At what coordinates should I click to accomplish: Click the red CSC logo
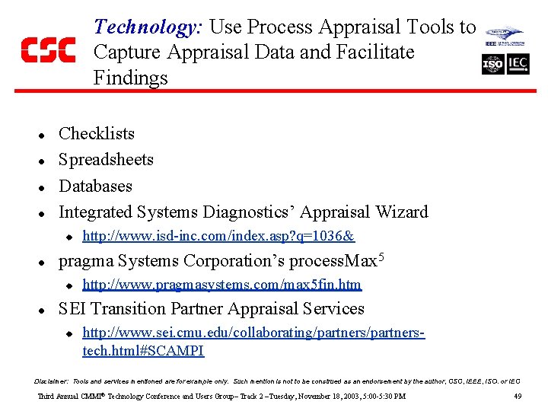click(x=48, y=50)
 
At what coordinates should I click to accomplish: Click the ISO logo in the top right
click(x=493, y=65)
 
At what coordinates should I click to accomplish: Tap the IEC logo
click(x=518, y=65)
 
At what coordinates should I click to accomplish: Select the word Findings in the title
click(x=130, y=78)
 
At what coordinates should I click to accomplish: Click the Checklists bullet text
click(x=97, y=134)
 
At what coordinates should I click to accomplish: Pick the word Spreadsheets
click(x=106, y=160)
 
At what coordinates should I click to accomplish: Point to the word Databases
click(x=95, y=186)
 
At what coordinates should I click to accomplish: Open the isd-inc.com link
click(x=218, y=237)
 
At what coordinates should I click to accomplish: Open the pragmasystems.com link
click(x=221, y=285)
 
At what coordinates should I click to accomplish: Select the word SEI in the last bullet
click(x=74, y=309)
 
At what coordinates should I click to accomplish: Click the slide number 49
click(x=518, y=397)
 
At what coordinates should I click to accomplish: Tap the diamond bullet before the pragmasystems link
click(x=67, y=285)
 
